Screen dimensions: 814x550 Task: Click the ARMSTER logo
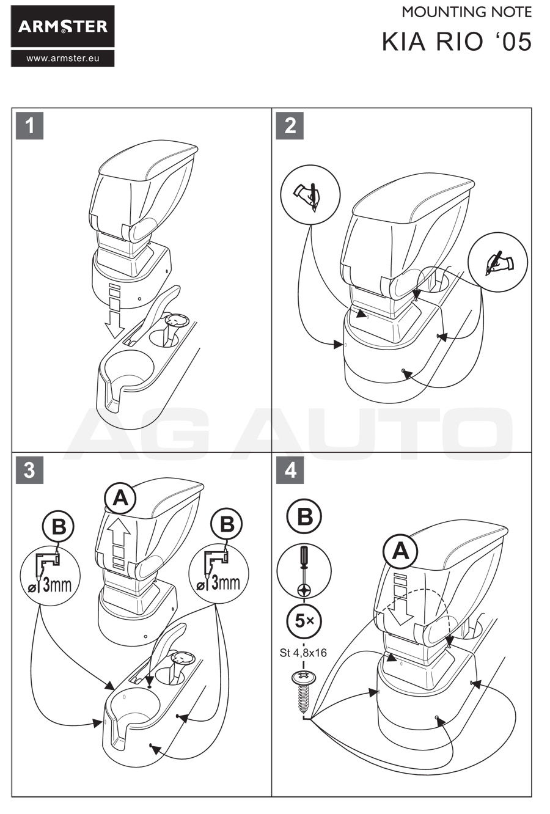pos(62,26)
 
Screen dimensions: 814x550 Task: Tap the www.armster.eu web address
pos(62,59)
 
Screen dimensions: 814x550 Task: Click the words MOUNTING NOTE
pos(466,12)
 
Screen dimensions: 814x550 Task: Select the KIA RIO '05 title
pos(457,42)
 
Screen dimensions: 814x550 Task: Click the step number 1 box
pos(29,125)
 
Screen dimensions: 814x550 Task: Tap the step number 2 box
pos(290,125)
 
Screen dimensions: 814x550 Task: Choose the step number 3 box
pos(29,471)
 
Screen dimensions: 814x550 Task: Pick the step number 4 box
pos(290,471)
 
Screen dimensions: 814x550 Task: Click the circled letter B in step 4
pos(304,516)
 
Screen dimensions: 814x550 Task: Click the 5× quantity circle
pos(304,621)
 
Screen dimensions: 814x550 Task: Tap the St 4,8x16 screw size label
pos(303,653)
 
